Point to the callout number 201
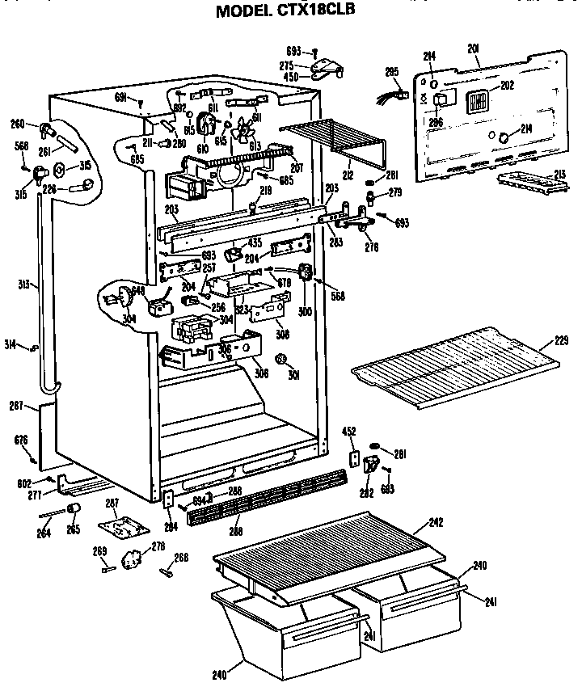point(474,49)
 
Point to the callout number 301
point(294,373)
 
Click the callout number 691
point(120,97)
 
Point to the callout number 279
point(395,192)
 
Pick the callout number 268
point(181,556)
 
